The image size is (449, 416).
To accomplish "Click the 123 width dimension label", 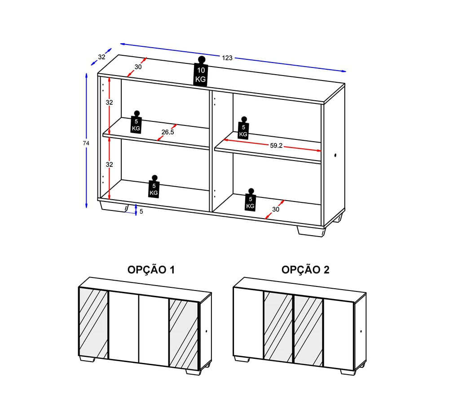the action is click(227, 58).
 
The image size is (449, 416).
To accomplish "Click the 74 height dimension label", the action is click(86, 143).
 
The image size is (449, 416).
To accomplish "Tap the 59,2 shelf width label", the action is click(276, 145).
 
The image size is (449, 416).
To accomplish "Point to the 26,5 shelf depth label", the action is click(167, 132).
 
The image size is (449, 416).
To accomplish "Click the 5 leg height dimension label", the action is click(141, 211).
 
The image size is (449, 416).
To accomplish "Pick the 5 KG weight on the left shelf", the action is click(136, 121).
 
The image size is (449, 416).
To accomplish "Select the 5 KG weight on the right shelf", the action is click(243, 128).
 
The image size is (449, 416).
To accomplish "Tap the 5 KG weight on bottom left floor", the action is click(154, 187).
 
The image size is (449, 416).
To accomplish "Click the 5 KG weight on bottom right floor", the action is click(251, 200).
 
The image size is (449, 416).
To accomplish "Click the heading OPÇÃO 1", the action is click(151, 270).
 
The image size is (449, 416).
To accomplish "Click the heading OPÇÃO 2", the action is click(305, 270).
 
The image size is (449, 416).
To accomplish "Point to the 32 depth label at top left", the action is click(101, 57).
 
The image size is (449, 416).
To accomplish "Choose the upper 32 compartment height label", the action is click(110, 103).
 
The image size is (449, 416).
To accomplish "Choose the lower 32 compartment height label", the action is click(110, 165).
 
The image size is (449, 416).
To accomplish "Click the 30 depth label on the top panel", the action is click(138, 67).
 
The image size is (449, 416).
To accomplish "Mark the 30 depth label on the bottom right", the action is click(276, 210).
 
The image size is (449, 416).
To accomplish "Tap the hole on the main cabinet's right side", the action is click(335, 156).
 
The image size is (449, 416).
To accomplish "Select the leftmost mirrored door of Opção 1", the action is click(93, 323).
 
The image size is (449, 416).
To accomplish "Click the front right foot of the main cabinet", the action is click(311, 231).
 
